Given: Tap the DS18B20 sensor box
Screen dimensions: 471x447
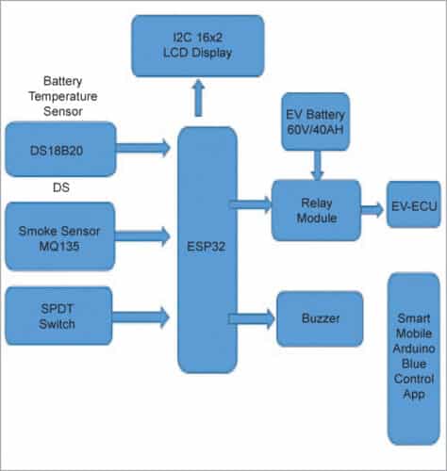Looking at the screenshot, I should tap(60, 148).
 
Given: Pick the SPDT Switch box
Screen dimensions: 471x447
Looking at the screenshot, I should tap(60, 316).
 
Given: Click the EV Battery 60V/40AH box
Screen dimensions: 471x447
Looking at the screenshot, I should tap(315, 122).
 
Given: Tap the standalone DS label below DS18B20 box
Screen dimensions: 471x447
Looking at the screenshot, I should tap(60, 187).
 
